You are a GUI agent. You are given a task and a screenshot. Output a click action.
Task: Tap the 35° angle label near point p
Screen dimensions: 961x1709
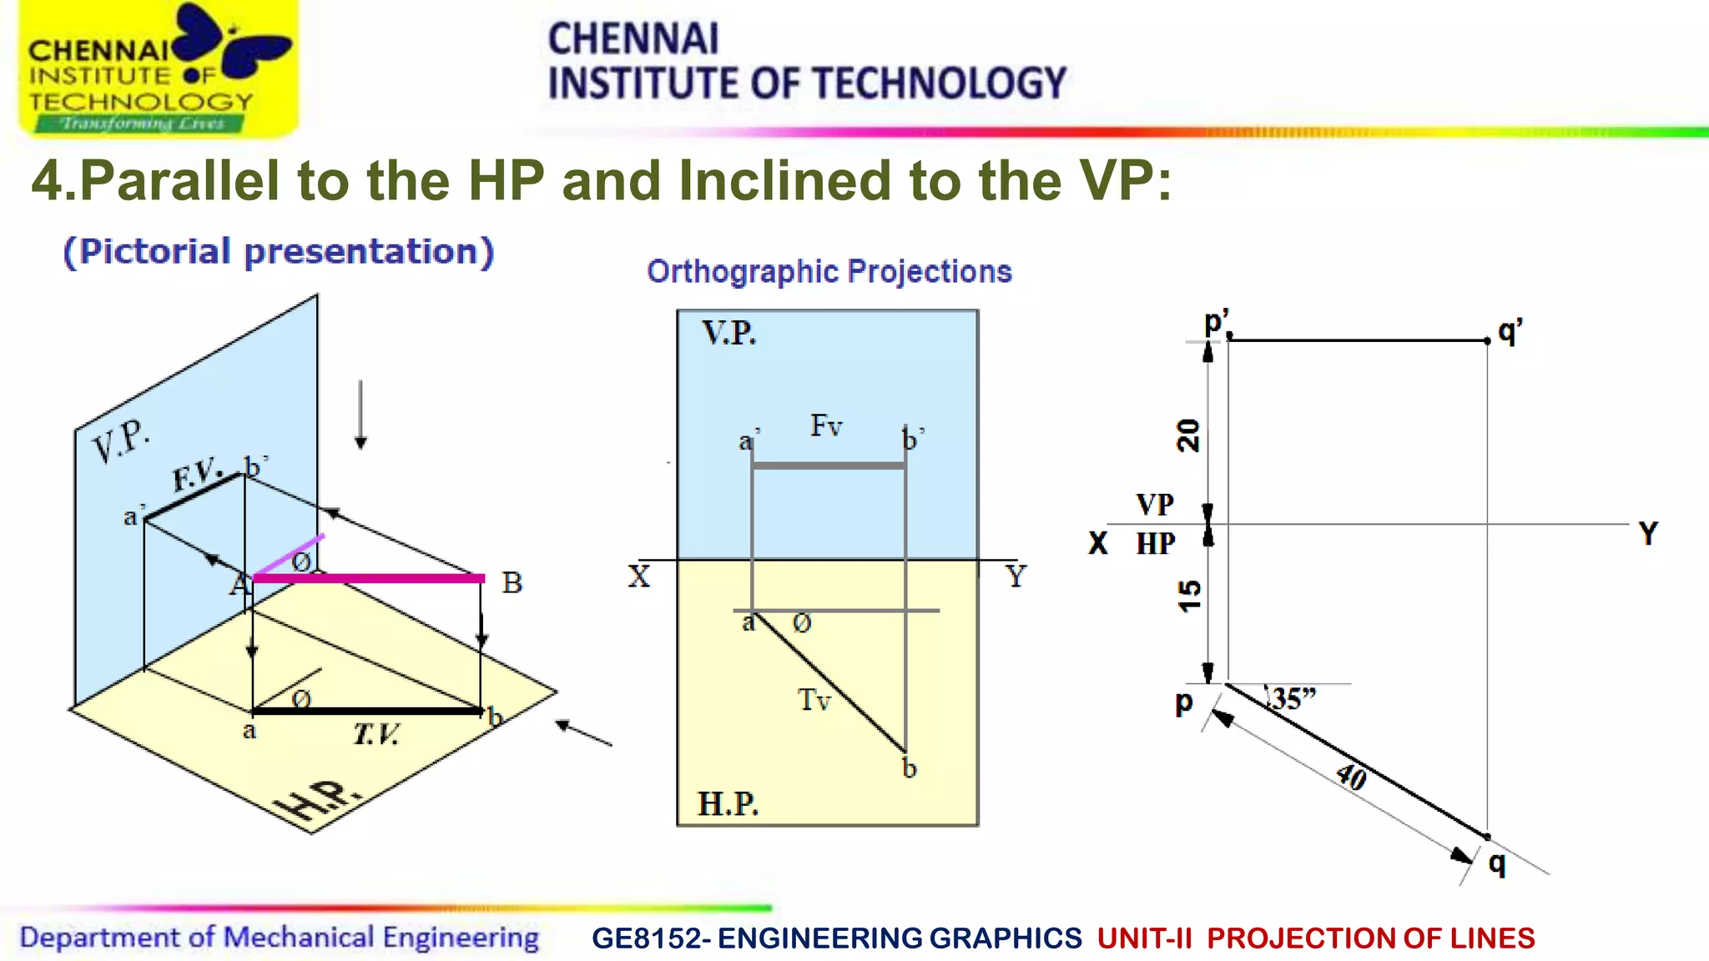coord(1293,698)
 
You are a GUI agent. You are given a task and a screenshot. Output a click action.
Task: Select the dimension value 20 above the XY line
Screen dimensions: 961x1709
coord(1188,435)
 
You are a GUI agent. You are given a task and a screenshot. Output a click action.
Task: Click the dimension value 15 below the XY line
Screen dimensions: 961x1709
coord(1189,596)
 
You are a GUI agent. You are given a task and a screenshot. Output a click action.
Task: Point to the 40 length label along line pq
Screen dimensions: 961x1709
coord(1351,777)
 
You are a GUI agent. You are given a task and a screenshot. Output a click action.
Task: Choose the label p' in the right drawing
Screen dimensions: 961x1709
coord(1217,322)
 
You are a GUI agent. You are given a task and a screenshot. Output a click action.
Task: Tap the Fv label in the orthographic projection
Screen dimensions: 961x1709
coord(826,425)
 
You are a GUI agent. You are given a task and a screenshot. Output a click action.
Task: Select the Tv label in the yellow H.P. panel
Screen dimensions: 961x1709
coord(814,699)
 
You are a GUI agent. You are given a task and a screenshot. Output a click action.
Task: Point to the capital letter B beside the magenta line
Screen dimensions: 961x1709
coord(512,582)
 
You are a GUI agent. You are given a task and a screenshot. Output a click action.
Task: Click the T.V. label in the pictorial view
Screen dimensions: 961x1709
coord(376,734)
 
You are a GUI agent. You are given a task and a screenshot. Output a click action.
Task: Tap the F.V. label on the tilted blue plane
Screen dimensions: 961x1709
coord(196,475)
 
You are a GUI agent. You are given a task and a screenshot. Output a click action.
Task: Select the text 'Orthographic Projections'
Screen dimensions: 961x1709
coord(829,271)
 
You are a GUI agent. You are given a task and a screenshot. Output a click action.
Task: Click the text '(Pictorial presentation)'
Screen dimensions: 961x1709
coord(279,251)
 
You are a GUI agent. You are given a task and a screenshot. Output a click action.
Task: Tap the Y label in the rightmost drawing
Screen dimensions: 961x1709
coord(1648,533)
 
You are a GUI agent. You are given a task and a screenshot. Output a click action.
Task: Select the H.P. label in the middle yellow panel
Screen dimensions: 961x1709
coord(728,804)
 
